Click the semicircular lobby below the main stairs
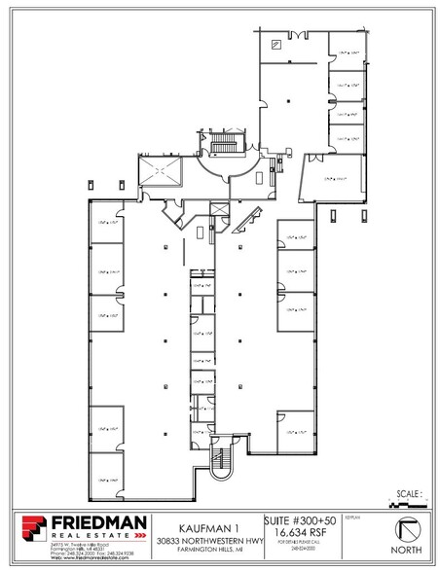tap(222, 175)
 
